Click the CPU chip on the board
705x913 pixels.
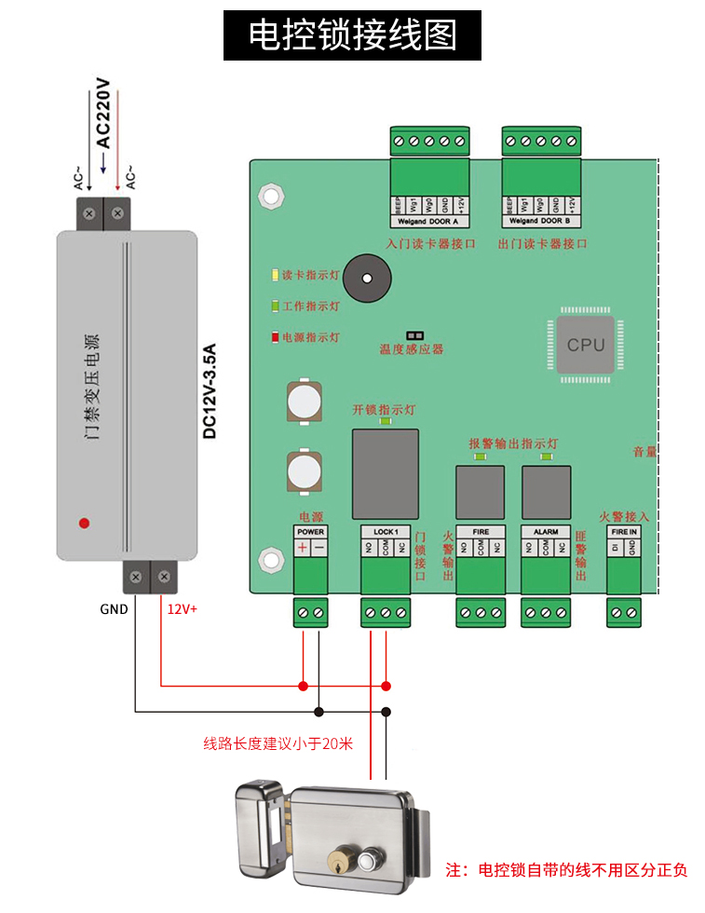(x=586, y=346)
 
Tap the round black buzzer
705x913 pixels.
(x=367, y=278)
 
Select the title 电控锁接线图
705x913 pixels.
(x=353, y=35)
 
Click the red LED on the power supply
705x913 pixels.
(x=84, y=523)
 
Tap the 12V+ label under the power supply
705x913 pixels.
(x=183, y=609)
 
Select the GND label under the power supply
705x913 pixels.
(x=115, y=609)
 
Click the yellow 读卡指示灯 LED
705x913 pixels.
(x=275, y=276)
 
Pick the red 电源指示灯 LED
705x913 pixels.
(x=275, y=337)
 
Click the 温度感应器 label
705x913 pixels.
(x=411, y=349)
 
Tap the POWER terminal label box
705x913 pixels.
(x=310, y=532)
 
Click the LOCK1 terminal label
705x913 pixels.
(x=386, y=532)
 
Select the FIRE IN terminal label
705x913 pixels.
(x=624, y=532)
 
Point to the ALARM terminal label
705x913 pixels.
(x=545, y=532)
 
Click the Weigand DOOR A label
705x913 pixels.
(x=427, y=222)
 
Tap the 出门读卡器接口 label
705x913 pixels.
(x=542, y=244)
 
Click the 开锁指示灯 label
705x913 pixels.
(x=384, y=410)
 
